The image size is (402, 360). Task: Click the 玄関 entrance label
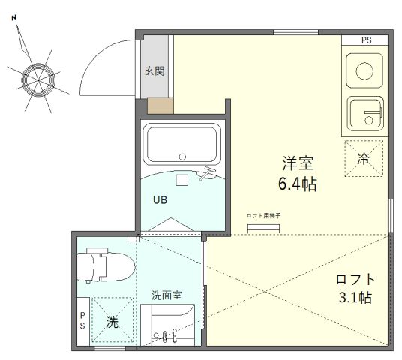[x=154, y=71]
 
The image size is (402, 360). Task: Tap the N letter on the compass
[x=14, y=18]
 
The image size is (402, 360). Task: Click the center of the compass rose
[x=38, y=80]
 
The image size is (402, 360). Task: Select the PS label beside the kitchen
[x=366, y=40]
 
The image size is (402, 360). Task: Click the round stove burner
[x=364, y=70]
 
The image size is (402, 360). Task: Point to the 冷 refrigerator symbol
[x=364, y=159]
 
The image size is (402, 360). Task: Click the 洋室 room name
[x=298, y=163]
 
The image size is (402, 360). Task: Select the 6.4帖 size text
[x=298, y=184]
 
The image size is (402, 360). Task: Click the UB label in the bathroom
[x=160, y=200]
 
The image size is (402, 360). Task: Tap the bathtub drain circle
[x=182, y=157]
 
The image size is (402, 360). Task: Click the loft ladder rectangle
[x=263, y=229]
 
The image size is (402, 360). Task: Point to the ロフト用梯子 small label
[x=263, y=216]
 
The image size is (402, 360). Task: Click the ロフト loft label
[x=355, y=279]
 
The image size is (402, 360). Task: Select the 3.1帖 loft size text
[x=355, y=298]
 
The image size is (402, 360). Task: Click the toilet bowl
[x=106, y=264]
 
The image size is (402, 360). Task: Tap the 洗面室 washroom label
[x=166, y=295]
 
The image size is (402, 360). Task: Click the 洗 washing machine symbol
[x=112, y=322]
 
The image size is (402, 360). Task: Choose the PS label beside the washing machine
[x=82, y=320]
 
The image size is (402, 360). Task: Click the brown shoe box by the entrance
[x=160, y=106]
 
